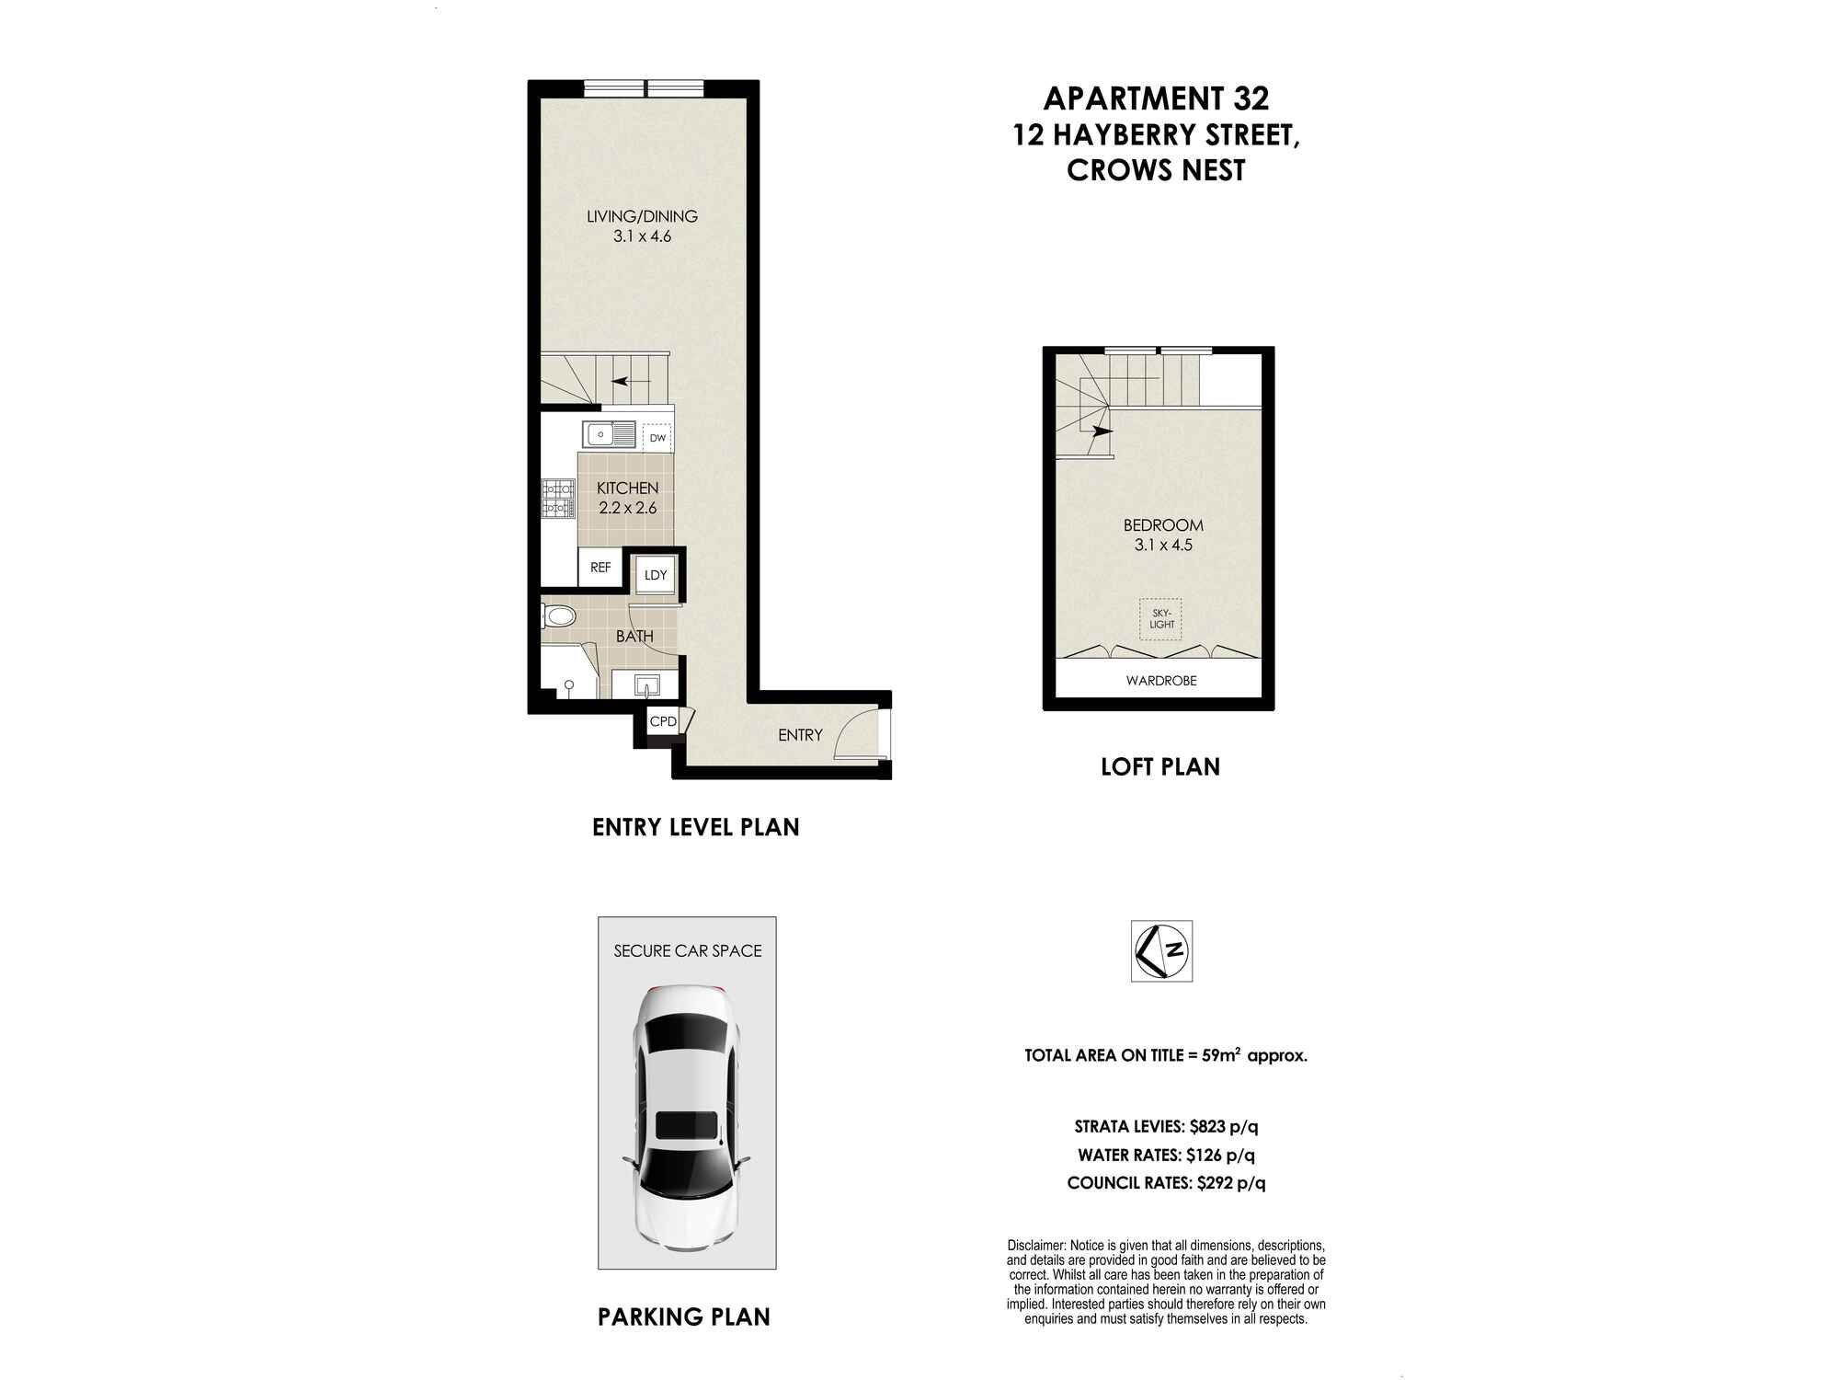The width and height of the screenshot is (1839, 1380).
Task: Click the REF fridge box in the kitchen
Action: click(x=600, y=568)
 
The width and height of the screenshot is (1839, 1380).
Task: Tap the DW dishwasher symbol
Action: click(x=657, y=438)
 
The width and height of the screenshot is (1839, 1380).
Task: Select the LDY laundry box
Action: click(x=656, y=575)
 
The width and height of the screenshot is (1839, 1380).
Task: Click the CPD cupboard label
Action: click(x=663, y=721)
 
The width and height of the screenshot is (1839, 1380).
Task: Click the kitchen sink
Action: click(x=609, y=432)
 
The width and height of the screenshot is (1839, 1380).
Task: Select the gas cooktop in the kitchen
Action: click(x=556, y=499)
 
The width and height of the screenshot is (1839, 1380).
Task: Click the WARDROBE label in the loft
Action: click(x=1161, y=681)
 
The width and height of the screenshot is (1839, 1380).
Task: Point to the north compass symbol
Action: click(x=1161, y=950)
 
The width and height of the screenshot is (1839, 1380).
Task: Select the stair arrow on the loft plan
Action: click(x=1102, y=431)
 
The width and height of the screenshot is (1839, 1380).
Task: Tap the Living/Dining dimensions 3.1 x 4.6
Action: click(x=643, y=236)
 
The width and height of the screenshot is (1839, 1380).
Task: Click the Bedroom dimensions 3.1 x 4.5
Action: click(x=1163, y=545)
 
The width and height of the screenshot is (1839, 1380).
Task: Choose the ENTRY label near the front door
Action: click(x=800, y=734)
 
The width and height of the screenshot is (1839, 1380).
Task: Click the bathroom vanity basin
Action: click(x=646, y=684)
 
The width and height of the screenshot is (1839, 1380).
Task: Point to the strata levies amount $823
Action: click(x=1212, y=1126)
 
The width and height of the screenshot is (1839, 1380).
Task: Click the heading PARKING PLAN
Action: click(x=684, y=1317)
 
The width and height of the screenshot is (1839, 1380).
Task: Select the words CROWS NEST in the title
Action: click(x=1156, y=170)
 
